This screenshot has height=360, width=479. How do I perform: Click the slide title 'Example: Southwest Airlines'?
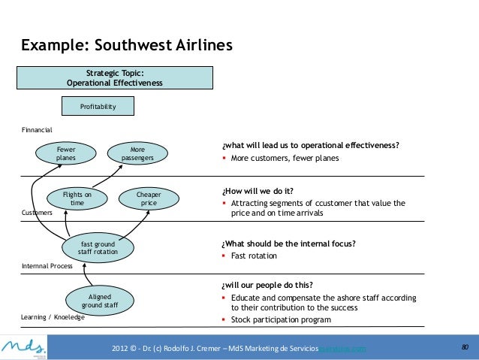[127, 46]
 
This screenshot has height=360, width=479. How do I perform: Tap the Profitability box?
[98, 107]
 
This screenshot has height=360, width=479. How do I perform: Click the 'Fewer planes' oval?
[66, 154]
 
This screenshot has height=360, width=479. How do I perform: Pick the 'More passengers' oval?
[137, 154]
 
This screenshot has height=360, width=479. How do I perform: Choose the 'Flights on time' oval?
[77, 198]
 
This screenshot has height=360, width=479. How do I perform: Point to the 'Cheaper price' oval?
[149, 198]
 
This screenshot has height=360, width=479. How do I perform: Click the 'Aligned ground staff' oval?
[100, 301]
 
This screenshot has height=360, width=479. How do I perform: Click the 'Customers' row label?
[37, 213]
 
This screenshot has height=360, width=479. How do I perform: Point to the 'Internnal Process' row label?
[47, 266]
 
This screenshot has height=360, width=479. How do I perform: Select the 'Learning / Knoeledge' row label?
[53, 317]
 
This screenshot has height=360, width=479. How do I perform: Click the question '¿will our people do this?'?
[267, 285]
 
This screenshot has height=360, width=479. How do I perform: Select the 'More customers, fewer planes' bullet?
[285, 159]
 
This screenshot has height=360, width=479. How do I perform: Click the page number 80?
[464, 347]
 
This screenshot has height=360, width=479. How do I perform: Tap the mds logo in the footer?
[26, 346]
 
